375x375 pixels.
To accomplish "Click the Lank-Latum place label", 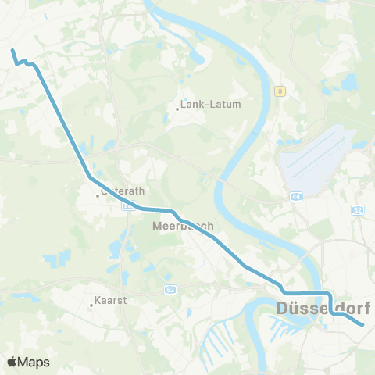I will pos(211,103).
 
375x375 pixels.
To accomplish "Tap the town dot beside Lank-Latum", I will pos(177,109).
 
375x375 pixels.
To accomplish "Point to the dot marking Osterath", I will pos(98,195).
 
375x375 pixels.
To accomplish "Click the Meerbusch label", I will pos(183,226).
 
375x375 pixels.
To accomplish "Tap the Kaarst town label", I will pos(111,299).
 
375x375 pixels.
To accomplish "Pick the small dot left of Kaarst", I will pos(91,305).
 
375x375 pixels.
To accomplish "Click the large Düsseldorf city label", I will pos(323,309).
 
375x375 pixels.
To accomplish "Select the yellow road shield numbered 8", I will pos(279,91).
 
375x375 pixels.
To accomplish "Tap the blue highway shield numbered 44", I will pos(295,197).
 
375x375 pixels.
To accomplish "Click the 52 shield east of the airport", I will pos(359,209).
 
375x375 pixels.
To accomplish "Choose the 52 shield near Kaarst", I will pos(170,290).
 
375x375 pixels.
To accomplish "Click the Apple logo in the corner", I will pos(12,362).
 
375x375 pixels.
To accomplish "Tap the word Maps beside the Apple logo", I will pos(34,362).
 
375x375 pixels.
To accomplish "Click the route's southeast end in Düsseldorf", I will pos(363,324).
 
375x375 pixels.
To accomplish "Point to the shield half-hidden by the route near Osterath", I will pos(130,205).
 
